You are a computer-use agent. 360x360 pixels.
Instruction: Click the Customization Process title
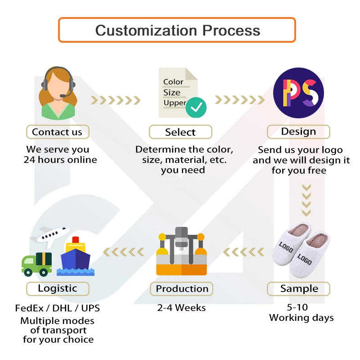pyautogui.click(x=177, y=30)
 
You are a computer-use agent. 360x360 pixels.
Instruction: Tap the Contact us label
pyautogui.click(x=57, y=132)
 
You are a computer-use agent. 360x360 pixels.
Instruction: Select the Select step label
pyautogui.click(x=180, y=132)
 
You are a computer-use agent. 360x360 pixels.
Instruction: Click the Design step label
pyautogui.click(x=298, y=131)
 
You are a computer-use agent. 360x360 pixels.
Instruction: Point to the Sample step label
pyautogui.click(x=299, y=288)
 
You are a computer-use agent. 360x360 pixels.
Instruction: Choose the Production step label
pyautogui.click(x=182, y=288)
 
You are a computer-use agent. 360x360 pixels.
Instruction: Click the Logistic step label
pyautogui.click(x=57, y=288)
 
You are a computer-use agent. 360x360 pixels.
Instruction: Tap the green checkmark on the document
pyautogui.click(x=196, y=107)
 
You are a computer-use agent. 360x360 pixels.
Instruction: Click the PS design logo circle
pyautogui.click(x=298, y=93)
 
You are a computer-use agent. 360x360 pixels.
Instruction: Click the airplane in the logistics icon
pyautogui.click(x=47, y=235)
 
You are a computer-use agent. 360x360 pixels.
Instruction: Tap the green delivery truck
pyautogui.click(x=36, y=263)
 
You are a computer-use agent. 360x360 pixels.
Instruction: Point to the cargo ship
pyautogui.click(x=76, y=256)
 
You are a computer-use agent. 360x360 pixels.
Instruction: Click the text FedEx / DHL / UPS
pyautogui.click(x=57, y=309)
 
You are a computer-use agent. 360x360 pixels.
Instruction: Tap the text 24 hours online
pyautogui.click(x=60, y=159)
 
